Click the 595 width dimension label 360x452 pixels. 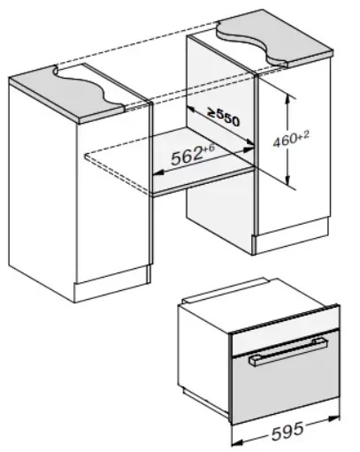tap(287, 432)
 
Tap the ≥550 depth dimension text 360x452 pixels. tap(224, 117)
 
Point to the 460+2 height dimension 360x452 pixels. tap(291, 139)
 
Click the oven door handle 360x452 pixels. tap(288, 352)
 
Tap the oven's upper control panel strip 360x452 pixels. tap(285, 334)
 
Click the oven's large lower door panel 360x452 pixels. tap(286, 387)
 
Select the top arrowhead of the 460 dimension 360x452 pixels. tap(287, 100)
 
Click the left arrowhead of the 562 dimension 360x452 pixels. tap(158, 172)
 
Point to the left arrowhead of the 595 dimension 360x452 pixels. tap(237, 443)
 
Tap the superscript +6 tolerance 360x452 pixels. tap(208, 149)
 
